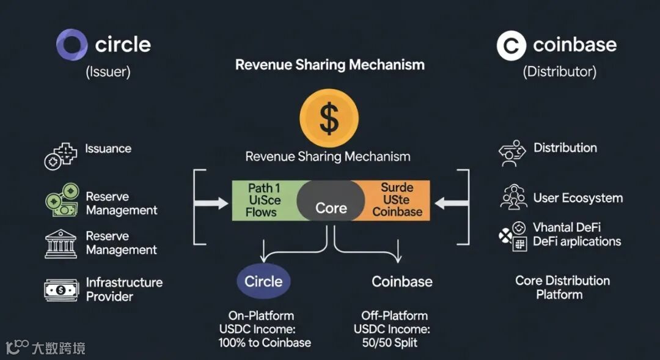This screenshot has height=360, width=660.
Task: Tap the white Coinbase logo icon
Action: pos(511,46)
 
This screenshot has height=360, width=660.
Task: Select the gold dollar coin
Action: pos(329,119)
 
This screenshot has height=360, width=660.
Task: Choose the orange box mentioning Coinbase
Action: pos(398,200)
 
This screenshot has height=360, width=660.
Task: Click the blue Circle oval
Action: pos(263,281)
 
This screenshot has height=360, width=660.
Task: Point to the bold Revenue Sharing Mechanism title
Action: pos(330,65)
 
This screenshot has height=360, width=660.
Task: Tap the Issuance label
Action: pos(108,149)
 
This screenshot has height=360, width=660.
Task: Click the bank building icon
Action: pos(61,243)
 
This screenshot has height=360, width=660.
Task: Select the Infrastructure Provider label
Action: pos(124,289)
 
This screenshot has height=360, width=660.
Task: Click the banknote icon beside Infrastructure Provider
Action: pos(61,290)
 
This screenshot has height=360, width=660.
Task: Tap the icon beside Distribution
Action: pos(512,153)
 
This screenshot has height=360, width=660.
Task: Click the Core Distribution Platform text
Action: pos(562,287)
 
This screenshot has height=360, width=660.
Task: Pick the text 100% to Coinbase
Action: pos(265,342)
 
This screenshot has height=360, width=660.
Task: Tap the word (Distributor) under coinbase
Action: pos(559,72)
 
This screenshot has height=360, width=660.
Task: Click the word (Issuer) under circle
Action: pos(108,72)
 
